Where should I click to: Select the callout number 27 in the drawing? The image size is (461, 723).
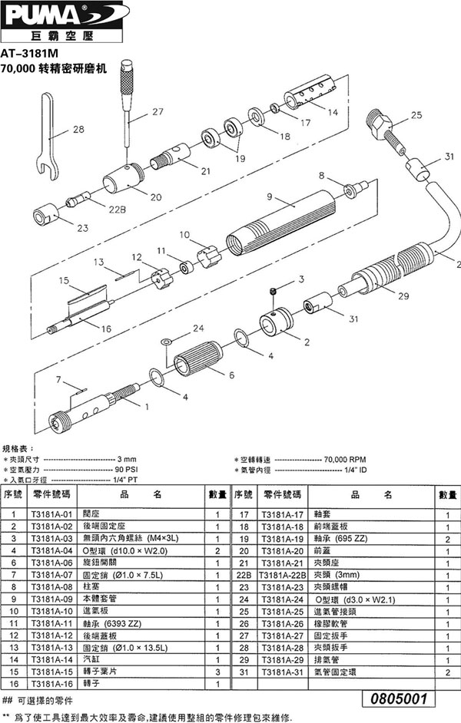tap(158, 111)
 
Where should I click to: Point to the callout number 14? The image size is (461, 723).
tap(332, 113)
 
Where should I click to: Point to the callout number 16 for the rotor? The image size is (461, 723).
tap(84, 328)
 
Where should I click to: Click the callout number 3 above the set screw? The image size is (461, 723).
tap(302, 278)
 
